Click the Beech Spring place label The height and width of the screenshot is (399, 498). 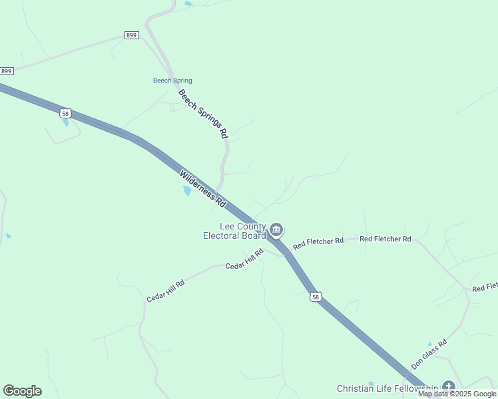pos(172,81)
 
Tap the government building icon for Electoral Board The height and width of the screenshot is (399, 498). pos(276,231)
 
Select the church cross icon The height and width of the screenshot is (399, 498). pos(448,386)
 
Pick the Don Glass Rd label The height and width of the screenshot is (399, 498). pos(429,354)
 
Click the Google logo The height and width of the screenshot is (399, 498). pos(22,391)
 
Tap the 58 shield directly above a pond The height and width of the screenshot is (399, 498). pos(65,113)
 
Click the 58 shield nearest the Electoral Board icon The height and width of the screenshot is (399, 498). pos(316,297)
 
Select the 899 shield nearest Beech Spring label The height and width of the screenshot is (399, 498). pos(131,35)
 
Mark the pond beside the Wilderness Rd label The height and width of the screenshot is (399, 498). pos(187,191)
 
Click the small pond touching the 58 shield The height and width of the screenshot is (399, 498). pos(65,122)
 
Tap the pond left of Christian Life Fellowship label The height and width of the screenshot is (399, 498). pos(371,384)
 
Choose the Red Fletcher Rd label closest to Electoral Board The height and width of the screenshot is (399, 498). pos(318,242)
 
